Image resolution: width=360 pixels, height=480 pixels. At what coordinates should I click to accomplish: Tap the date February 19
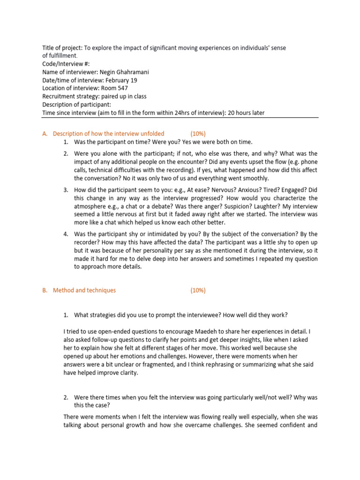click(115, 80)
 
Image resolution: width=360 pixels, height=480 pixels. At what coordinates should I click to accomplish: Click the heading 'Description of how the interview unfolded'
click(109, 134)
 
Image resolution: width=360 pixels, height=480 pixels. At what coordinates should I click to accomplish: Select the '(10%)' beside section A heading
click(198, 134)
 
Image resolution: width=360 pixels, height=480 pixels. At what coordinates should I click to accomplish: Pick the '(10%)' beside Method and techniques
click(198, 290)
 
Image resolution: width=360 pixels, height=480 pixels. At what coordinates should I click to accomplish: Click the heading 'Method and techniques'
click(84, 290)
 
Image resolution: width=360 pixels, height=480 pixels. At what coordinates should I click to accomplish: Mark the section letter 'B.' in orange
click(45, 290)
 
